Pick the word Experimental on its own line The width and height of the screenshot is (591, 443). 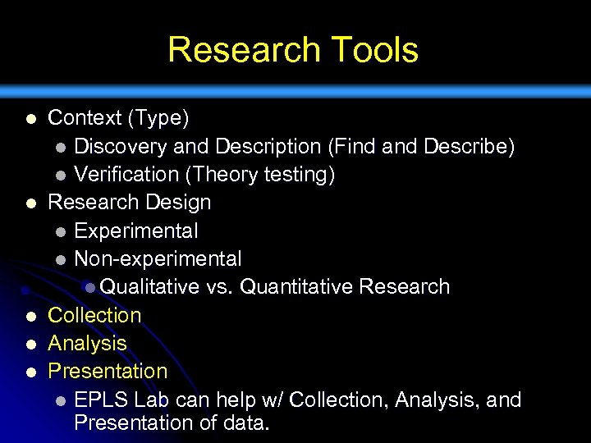click(135, 231)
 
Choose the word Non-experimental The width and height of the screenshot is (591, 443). click(157, 259)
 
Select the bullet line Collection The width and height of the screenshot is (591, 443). click(94, 315)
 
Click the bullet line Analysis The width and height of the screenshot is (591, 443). click(87, 343)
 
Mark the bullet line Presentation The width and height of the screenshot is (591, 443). click(108, 371)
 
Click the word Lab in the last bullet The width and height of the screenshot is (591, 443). click(151, 400)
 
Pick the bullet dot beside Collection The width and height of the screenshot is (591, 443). click(30, 317)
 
